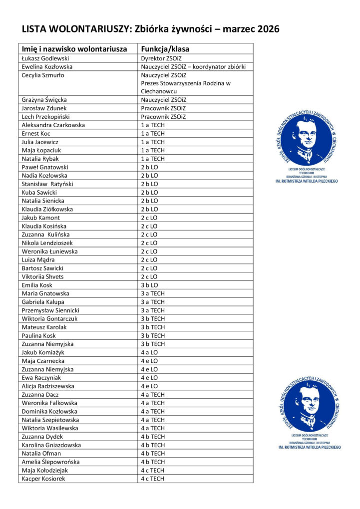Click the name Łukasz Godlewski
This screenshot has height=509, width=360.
pyautogui.click(x=45, y=58)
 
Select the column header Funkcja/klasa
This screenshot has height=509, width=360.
pyautogui.click(x=165, y=49)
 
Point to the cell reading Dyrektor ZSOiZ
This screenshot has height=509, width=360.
pyautogui.click(x=161, y=58)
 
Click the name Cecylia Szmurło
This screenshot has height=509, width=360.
pyautogui.click(x=43, y=75)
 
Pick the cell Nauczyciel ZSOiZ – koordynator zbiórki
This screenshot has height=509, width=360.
pyautogui.click(x=193, y=67)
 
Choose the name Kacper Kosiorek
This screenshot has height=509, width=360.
pyautogui.click(x=43, y=479)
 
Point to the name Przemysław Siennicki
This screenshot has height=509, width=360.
pyautogui.click(x=50, y=310)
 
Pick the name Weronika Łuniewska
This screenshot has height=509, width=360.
pyautogui.click(x=49, y=252)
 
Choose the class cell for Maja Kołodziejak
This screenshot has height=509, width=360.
pyautogui.click(x=152, y=471)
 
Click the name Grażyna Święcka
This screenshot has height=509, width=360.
pyautogui.click(x=44, y=100)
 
